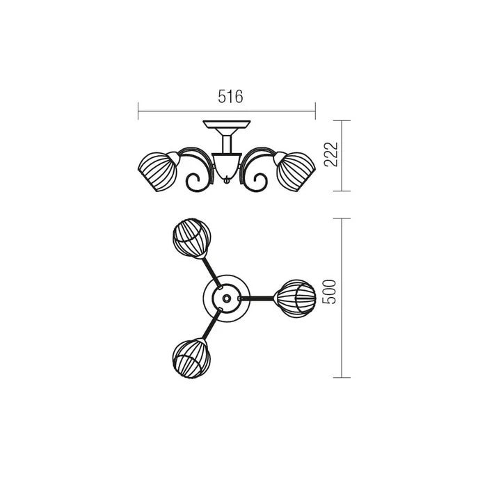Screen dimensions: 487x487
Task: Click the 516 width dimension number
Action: pos(230,97)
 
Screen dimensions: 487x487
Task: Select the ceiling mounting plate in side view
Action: pos(227,126)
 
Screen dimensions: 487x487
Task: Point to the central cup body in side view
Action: pos(227,164)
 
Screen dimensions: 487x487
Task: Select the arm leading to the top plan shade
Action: pos(209,268)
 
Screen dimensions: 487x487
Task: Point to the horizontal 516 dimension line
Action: pos(181,109)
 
